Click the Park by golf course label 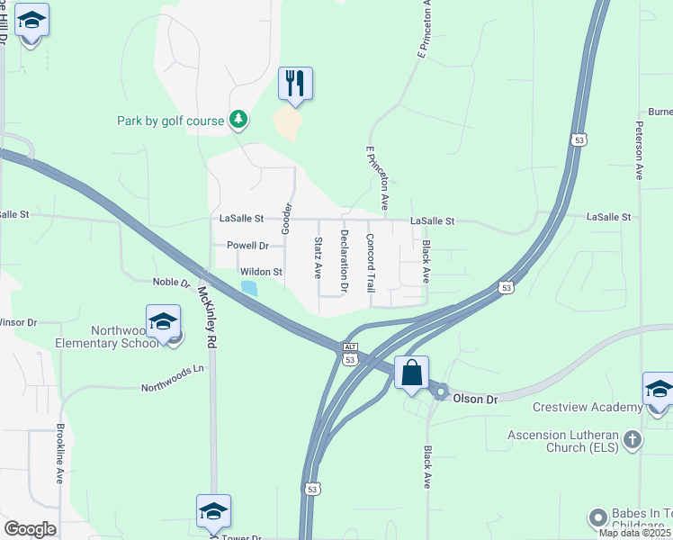170,121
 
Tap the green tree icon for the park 238,120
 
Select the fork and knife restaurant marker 295,84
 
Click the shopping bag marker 411,373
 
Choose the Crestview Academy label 585,407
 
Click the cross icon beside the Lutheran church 633,440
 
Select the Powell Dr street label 247,245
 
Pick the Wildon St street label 261,272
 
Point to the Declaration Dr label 344,261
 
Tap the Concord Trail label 370,263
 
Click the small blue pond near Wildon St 249,288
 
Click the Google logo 30,529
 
